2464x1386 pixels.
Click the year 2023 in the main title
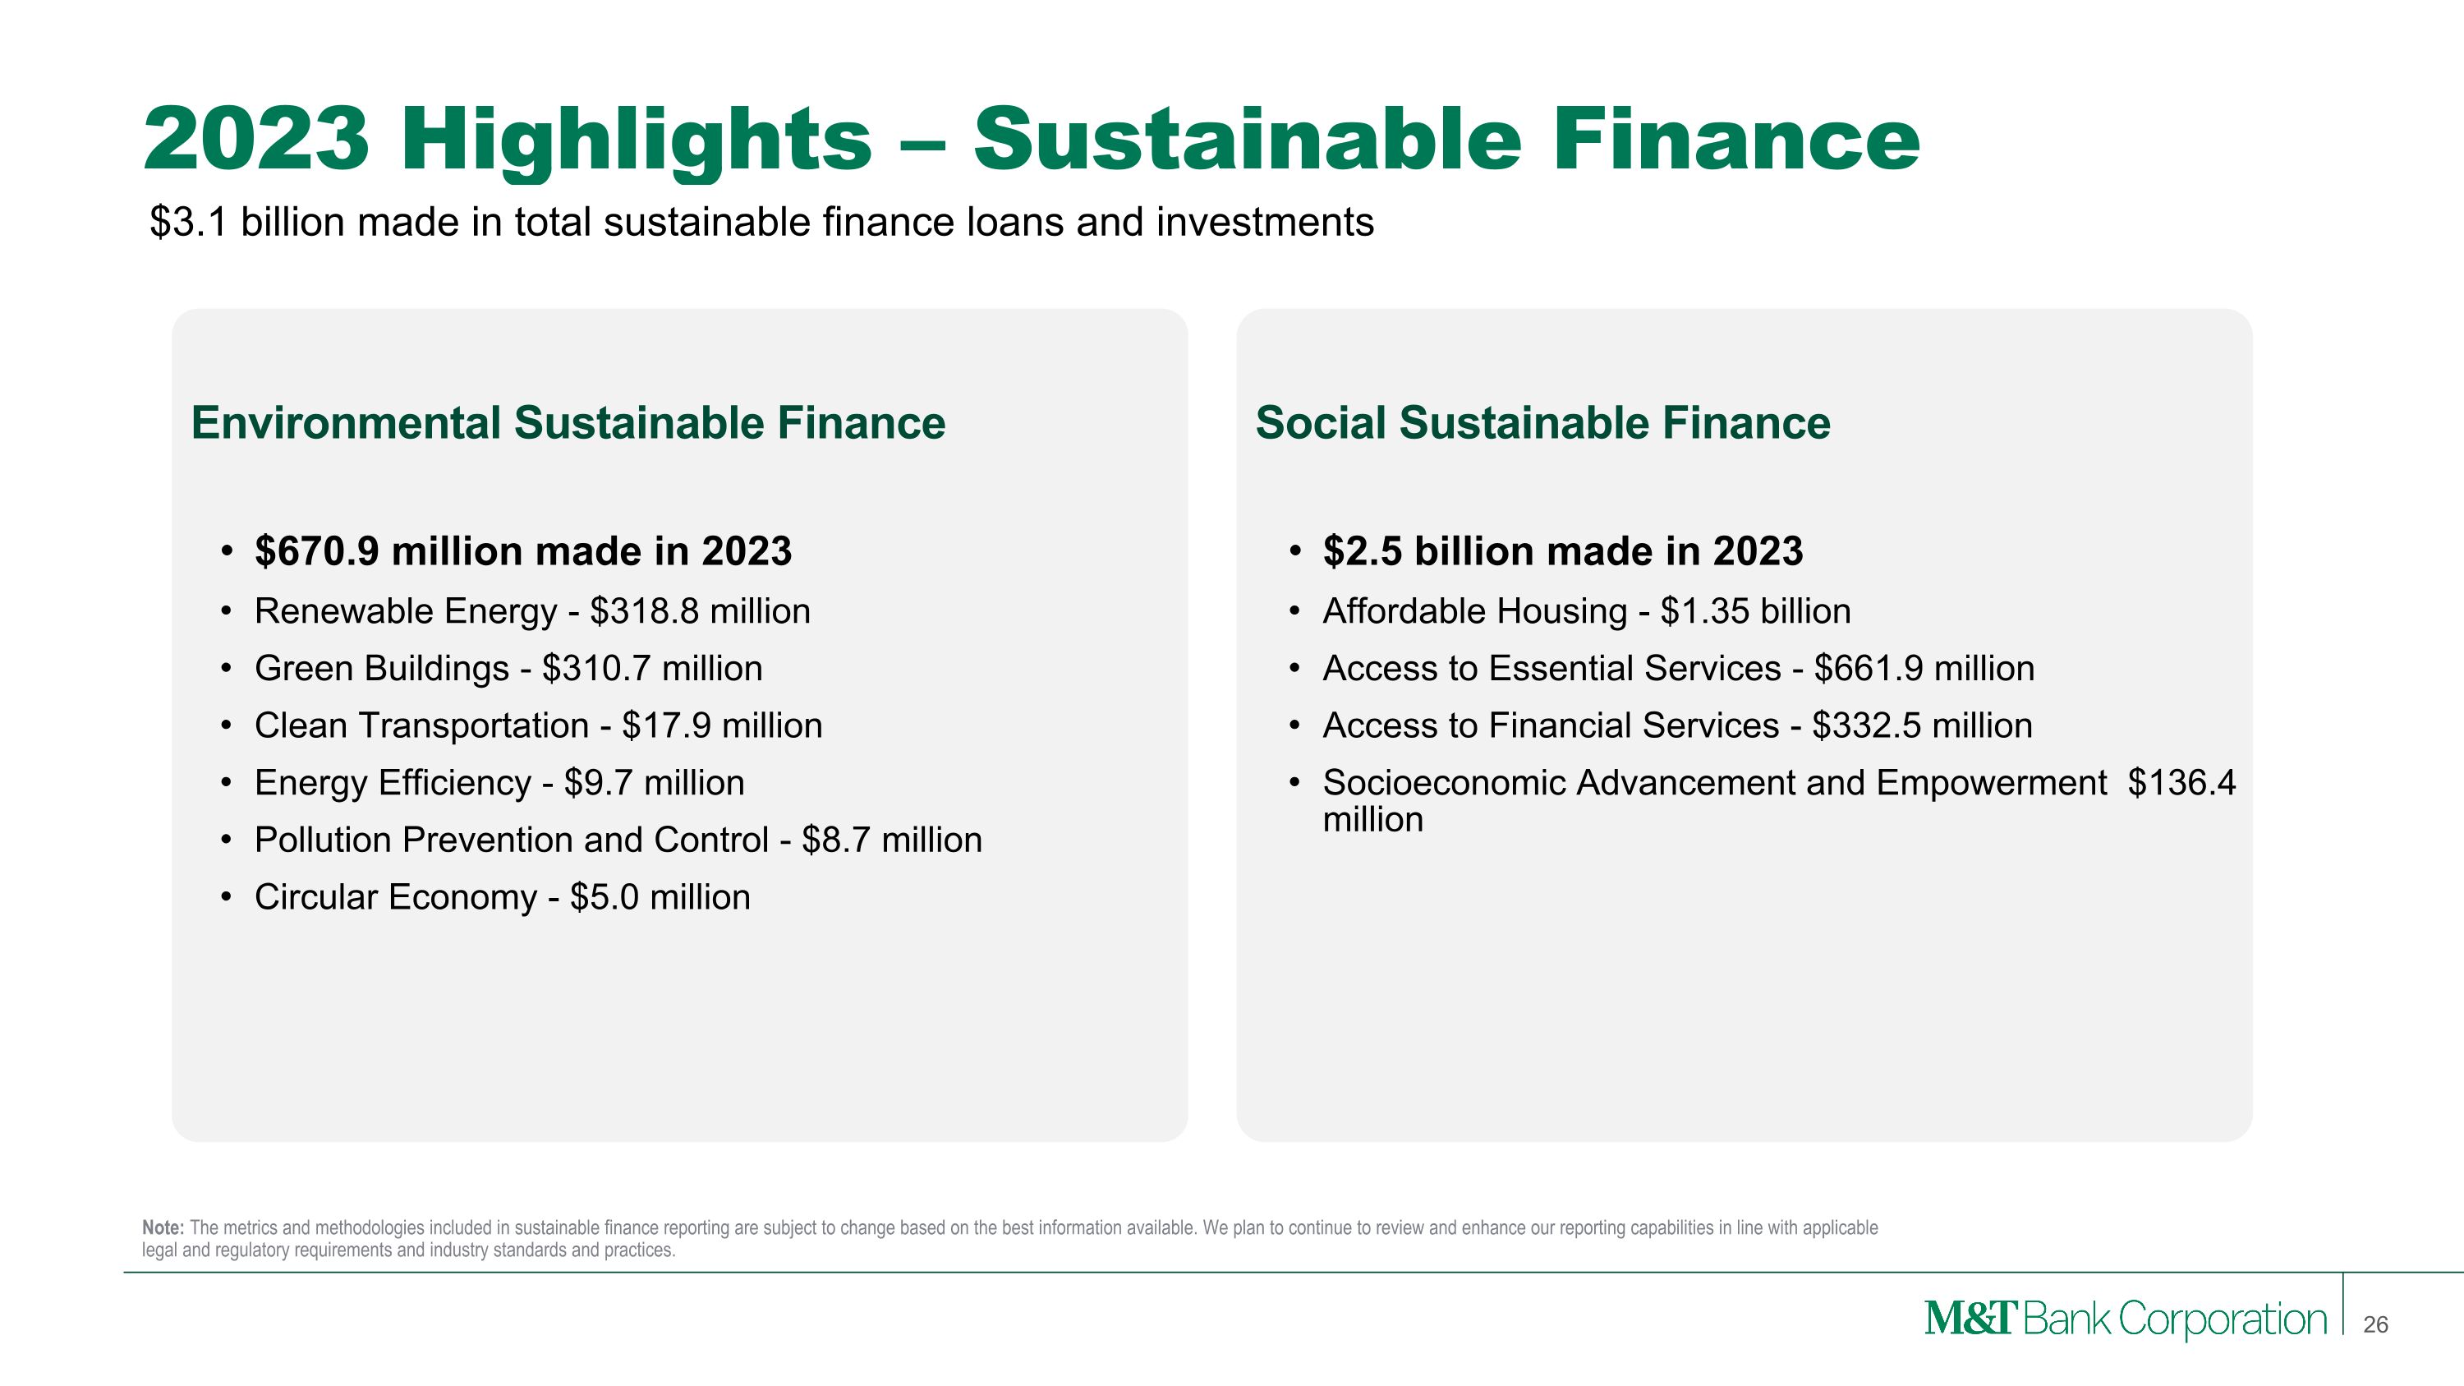coord(256,140)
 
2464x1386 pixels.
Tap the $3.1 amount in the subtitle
coord(188,222)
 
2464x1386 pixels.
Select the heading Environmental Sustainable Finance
coord(568,423)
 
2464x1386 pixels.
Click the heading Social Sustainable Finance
coord(1542,423)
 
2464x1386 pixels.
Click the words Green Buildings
coord(382,669)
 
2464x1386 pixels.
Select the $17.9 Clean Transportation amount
coord(666,726)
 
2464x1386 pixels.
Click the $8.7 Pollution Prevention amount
coord(835,840)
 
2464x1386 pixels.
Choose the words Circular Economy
coord(395,897)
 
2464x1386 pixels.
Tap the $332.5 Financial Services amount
coord(1866,726)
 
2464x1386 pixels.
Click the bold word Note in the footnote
coord(163,1227)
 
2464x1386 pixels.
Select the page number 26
coord(2375,1324)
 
